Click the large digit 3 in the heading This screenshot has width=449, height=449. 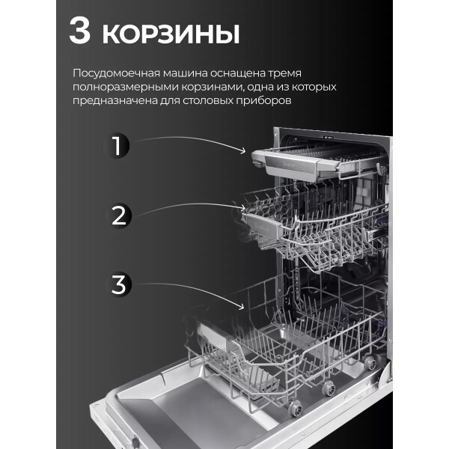tap(79, 30)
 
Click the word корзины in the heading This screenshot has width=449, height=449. tap(171, 34)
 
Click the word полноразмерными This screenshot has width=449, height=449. tap(125, 88)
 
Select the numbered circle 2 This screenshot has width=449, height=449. tap(118, 216)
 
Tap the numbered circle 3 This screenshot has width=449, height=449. tap(118, 284)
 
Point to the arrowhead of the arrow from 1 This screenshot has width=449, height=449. tap(243, 150)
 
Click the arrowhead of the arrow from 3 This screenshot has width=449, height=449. tap(242, 307)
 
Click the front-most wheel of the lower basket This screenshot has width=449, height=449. tap(296, 408)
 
